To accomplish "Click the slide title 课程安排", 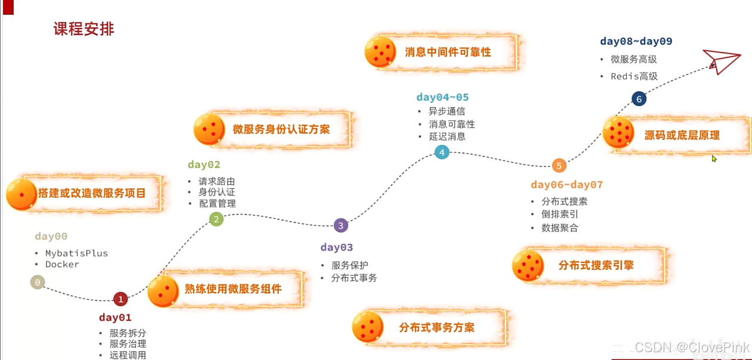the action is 83,29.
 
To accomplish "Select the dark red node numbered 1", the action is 121,299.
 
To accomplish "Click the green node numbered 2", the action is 216,220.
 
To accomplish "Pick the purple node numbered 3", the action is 340,225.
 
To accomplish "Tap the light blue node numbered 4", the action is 442,153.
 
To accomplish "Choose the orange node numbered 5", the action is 558,166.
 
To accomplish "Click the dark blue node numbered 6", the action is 639,100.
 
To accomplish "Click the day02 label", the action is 204,165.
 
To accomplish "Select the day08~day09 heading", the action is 636,42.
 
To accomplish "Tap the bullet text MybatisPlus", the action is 76,253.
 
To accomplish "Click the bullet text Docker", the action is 62,265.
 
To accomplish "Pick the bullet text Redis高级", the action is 634,76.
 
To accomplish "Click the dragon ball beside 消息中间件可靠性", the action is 380,52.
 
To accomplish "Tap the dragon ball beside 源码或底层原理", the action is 619,132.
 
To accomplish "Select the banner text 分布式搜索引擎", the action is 596,266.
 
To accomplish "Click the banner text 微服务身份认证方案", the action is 281,129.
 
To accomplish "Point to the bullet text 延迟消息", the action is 447,136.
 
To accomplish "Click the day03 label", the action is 337,248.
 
